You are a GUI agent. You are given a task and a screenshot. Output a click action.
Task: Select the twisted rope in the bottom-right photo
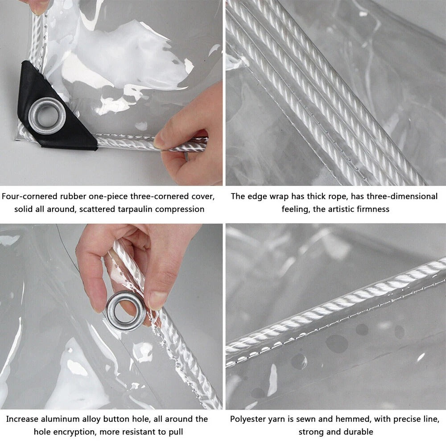(x=339, y=308)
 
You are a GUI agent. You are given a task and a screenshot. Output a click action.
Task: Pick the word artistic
(x=341, y=209)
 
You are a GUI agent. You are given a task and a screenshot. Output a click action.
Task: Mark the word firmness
(x=373, y=209)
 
